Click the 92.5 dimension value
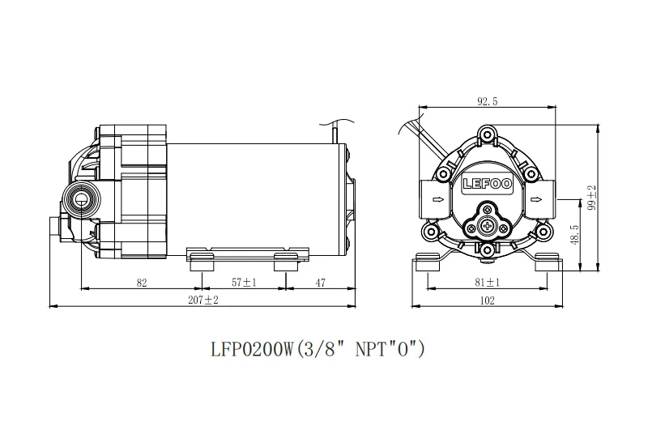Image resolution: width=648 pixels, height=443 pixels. [488, 101]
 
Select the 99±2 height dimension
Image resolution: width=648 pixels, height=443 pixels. [592, 198]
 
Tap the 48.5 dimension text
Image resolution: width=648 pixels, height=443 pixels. [574, 235]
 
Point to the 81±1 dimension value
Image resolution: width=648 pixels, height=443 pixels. [488, 283]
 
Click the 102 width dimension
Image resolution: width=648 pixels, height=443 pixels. [488, 300]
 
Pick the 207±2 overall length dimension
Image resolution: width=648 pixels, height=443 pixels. [203, 300]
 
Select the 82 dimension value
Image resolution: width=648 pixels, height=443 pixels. [142, 283]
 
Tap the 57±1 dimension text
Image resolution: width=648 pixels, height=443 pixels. [244, 283]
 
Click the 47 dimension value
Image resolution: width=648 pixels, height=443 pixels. [321, 283]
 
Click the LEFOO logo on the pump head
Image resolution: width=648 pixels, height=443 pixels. [488, 184]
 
